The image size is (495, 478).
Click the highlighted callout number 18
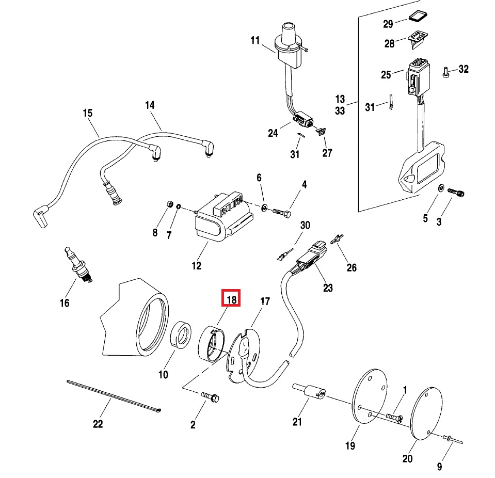point(231,298)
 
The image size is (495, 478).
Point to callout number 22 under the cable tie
point(98,424)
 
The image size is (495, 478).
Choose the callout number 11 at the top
point(256,40)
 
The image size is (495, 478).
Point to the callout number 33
point(340,110)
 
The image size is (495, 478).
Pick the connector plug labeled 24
point(303,121)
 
